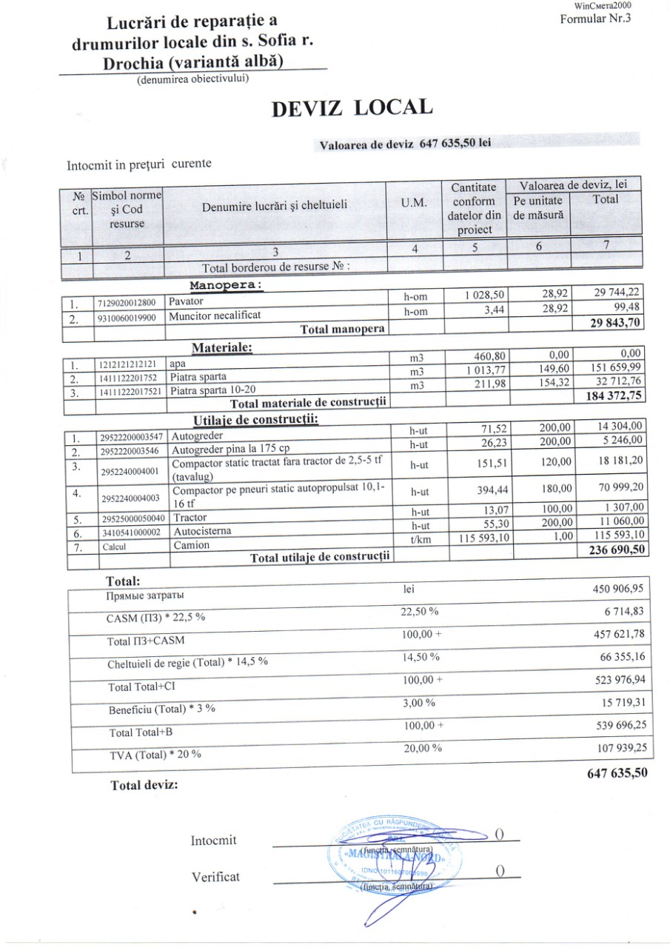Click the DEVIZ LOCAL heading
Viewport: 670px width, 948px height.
352,108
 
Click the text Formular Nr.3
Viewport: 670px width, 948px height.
596,19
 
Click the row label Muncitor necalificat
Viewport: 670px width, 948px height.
215,315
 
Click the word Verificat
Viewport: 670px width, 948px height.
215,877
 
